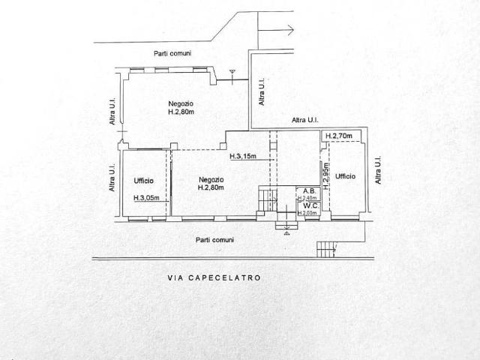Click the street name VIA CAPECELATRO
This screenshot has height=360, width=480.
click(214, 277)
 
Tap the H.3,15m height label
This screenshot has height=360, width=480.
click(243, 157)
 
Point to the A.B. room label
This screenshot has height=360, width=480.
click(309, 191)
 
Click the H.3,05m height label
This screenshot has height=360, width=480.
click(146, 198)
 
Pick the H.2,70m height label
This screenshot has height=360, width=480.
click(338, 136)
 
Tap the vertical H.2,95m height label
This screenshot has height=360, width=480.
click(326, 176)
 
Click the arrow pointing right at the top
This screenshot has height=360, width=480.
click(276, 30)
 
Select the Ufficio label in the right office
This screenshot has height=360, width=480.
click(345, 176)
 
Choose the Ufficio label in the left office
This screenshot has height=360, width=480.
click(143, 181)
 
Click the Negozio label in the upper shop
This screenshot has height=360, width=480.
click(181, 103)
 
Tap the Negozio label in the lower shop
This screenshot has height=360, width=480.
click(211, 180)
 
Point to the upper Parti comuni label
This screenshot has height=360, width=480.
click(172, 53)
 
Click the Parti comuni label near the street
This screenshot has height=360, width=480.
click(214, 240)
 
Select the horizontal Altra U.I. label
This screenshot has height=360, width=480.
click(305, 120)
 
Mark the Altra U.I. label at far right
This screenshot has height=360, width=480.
click(378, 170)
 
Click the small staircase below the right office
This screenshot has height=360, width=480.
click(326, 250)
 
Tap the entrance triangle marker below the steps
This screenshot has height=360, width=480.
click(286, 234)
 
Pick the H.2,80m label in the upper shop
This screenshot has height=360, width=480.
click(181, 112)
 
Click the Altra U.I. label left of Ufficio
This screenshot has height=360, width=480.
click(112, 178)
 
